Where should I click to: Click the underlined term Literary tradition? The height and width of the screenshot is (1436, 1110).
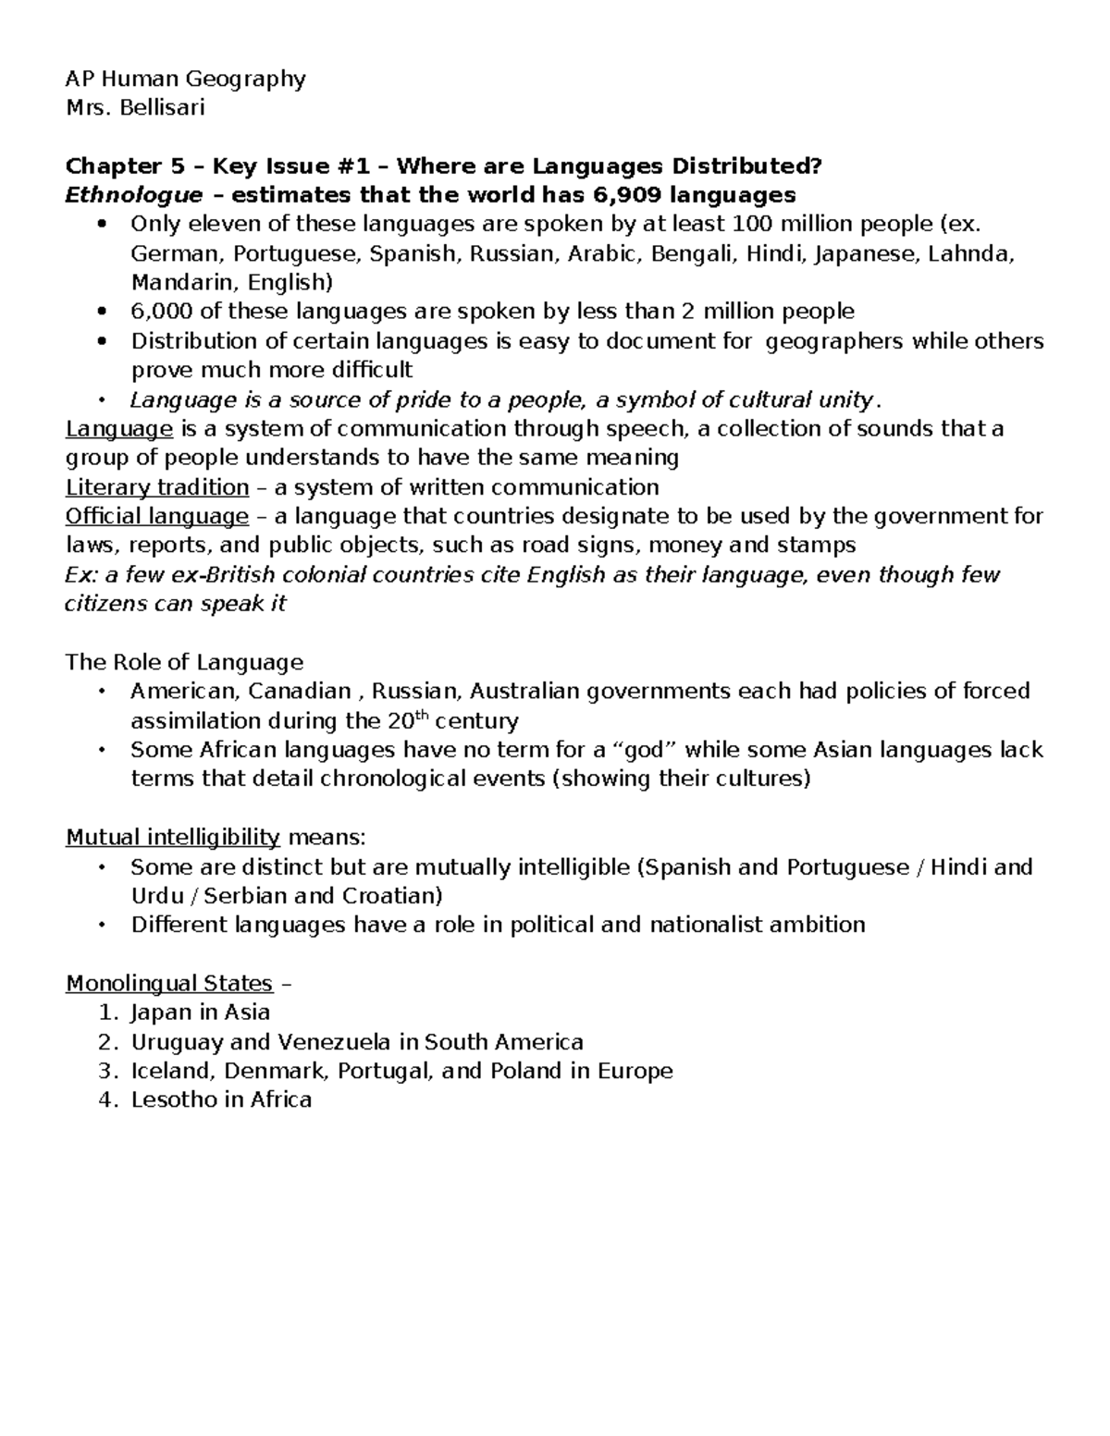(157, 487)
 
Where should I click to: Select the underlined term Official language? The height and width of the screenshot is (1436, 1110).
(157, 516)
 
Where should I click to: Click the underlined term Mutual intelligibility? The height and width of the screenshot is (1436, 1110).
(173, 838)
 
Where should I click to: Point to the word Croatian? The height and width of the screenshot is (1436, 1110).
(392, 896)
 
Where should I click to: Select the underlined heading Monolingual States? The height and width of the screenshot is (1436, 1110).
(169, 983)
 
